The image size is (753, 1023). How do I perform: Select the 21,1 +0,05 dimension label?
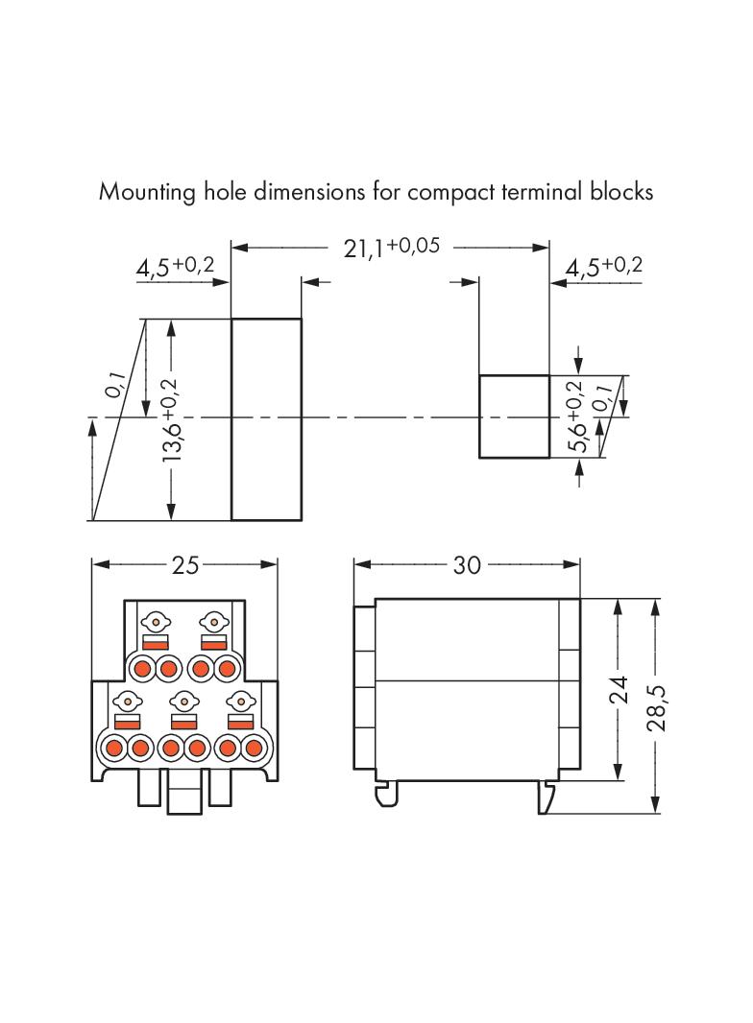[x=391, y=248]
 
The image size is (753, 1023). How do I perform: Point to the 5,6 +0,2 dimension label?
[x=575, y=417]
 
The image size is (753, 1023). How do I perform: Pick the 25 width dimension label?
[x=184, y=565]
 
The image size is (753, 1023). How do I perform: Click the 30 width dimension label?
[x=466, y=565]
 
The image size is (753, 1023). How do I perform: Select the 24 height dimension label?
[x=619, y=690]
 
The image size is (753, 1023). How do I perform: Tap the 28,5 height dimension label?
[x=657, y=707]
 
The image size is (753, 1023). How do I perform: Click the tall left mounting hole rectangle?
[x=266, y=419]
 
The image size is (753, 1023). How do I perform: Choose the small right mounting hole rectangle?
[x=514, y=416]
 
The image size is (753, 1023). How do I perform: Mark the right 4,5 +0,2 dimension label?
[x=603, y=268]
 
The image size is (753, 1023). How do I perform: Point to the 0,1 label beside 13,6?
[x=114, y=383]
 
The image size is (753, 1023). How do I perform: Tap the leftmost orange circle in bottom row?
[x=114, y=747]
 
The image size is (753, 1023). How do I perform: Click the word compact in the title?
[x=450, y=192]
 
